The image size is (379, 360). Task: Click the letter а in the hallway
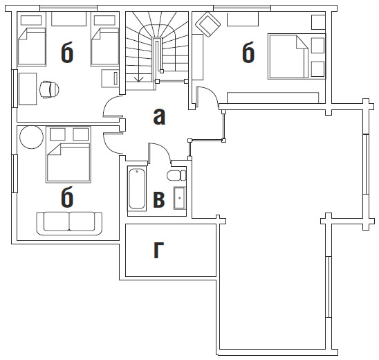[159, 116]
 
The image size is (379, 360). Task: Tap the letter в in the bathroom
[159, 200]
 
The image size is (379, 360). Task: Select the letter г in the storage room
[158, 250]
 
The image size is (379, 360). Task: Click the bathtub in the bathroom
[137, 189]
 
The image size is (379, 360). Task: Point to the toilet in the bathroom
[176, 175]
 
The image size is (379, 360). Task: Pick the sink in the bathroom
[179, 198]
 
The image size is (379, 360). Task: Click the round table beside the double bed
[31, 137]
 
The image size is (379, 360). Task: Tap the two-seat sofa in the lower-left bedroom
[69, 224]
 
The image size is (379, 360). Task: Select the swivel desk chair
[49, 90]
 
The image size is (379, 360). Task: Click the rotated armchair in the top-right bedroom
[208, 24]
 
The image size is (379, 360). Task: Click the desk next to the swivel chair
[28, 89]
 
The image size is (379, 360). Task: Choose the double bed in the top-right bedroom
[288, 57]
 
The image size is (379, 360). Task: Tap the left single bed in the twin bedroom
[32, 47]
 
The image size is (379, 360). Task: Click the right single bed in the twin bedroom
[105, 47]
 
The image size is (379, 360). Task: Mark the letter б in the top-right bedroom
[248, 52]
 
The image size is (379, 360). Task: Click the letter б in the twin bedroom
[67, 52]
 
